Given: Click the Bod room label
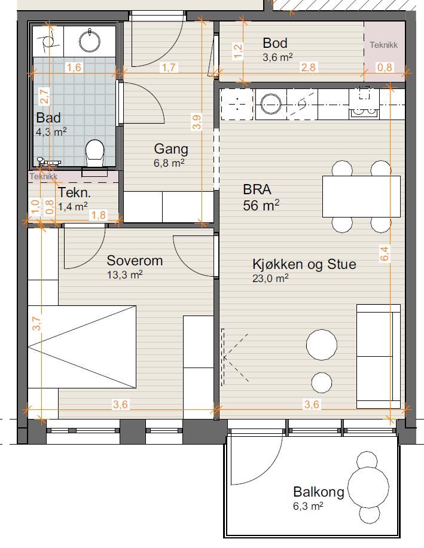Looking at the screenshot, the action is click(275, 43).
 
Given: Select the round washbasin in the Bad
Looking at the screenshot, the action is click(90, 41).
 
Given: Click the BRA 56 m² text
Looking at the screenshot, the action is click(261, 197).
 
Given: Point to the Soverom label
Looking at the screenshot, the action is click(135, 261).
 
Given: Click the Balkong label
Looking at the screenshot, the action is click(319, 492).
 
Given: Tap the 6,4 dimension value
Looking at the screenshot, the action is click(384, 253).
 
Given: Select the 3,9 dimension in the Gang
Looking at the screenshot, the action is click(197, 123).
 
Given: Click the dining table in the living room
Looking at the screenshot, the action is click(361, 197).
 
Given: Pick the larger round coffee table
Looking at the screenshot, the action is click(322, 345).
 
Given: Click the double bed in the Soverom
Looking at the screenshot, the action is click(82, 347).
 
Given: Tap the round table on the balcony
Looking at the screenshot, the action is click(369, 487).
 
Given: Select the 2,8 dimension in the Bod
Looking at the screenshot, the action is click(309, 67).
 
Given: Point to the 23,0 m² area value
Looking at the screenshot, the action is click(270, 278).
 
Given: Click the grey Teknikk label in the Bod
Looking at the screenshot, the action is click(384, 45).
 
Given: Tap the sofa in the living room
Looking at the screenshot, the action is click(379, 356).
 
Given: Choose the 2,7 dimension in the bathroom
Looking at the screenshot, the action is click(44, 96).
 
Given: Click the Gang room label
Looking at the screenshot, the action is click(171, 149).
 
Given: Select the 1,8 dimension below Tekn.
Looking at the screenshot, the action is click(99, 215).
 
